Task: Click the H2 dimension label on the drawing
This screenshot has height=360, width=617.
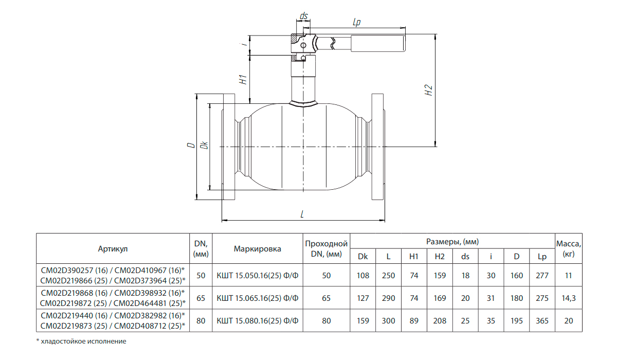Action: tap(429, 90)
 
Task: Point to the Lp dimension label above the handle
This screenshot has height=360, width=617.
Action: tap(356, 22)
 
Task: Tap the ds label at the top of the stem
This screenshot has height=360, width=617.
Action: tap(303, 16)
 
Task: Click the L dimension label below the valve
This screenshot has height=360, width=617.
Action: tap(302, 214)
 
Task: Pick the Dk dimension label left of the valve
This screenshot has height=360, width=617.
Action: tap(205, 145)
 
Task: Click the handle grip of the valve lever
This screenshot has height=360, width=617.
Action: tap(378, 43)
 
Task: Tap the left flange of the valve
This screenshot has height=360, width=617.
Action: tap(229, 147)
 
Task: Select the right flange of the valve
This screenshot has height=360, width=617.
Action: tap(378, 147)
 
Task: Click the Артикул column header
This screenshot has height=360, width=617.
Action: tap(113, 249)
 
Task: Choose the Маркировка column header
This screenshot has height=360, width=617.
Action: tap(258, 249)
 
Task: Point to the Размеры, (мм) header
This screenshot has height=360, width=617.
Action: tap(452, 242)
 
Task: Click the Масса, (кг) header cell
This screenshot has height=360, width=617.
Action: tap(569, 248)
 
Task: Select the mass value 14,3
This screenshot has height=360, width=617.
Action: tap(569, 298)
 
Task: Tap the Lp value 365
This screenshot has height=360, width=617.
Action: tap(542, 320)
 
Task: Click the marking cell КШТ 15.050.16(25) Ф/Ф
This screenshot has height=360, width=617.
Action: tap(258, 276)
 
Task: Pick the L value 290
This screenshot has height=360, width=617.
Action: tap(388, 298)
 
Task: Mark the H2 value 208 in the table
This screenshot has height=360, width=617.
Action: tap(440, 320)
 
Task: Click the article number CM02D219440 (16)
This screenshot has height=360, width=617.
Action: tap(74, 315)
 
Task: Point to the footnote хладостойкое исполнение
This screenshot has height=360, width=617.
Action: tap(83, 341)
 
